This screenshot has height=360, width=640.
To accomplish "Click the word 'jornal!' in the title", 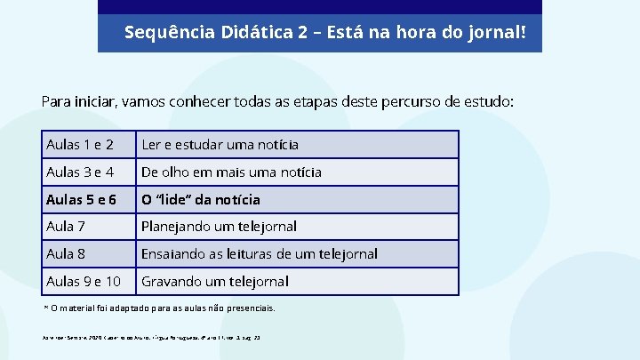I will coord(497,33).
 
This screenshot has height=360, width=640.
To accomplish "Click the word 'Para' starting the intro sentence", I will coord(56,101).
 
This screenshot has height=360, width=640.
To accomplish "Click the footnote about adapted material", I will coord(160,308).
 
